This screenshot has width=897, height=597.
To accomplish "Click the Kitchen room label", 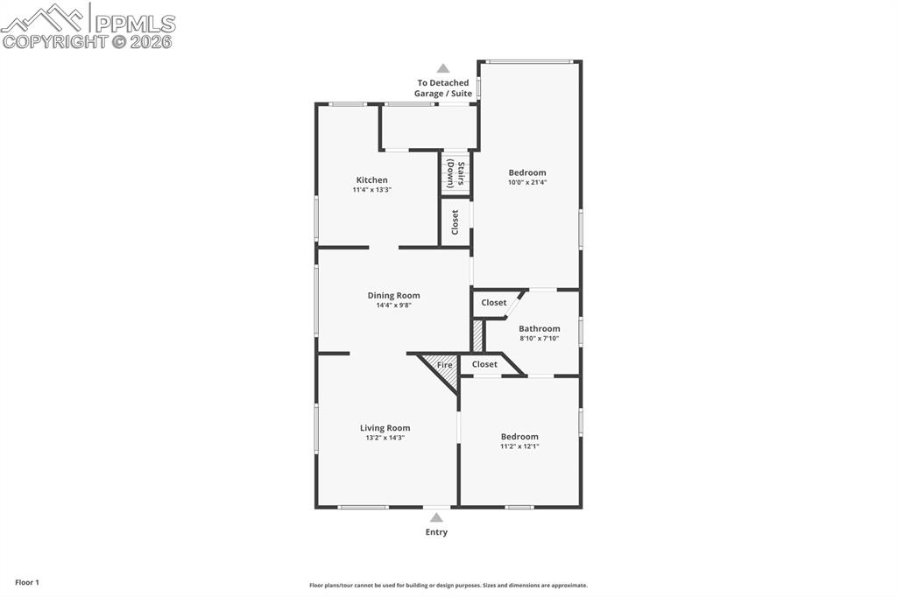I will tap(371, 180).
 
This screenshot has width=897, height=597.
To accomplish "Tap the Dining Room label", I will tap(393, 296).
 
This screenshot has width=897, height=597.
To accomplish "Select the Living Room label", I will tap(385, 428).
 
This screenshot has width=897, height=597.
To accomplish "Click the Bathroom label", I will tap(539, 329).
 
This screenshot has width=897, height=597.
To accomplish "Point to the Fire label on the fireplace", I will tap(445, 364).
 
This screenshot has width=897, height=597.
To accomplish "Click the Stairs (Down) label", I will tap(456, 173).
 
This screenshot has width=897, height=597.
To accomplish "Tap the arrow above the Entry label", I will tap(436, 517).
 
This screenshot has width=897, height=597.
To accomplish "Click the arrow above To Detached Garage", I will tap(443, 68).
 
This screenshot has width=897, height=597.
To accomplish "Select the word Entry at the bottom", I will tap(436, 532).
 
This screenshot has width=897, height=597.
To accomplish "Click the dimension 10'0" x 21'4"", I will tap(527, 183).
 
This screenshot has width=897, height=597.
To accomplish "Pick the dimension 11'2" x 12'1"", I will tap(519, 446).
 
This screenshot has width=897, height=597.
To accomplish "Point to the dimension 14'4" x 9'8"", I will tap(393, 306).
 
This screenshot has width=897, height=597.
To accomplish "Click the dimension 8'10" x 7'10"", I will tap(539, 339).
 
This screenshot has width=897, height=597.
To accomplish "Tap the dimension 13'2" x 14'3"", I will tap(385, 438).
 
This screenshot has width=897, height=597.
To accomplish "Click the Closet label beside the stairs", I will tap(455, 222).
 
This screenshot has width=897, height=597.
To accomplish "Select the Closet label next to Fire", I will tap(484, 364).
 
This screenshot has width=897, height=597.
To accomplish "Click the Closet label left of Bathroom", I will tap(494, 303).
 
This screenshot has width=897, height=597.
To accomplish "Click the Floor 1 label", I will tap(27, 582).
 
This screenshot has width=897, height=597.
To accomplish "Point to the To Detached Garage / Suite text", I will tap(443, 88).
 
